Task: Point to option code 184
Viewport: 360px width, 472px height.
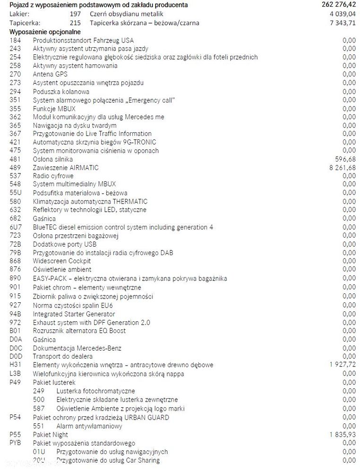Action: tap(15, 40)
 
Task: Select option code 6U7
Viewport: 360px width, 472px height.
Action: tap(15, 227)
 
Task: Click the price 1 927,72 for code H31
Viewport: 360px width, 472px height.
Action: tap(343, 365)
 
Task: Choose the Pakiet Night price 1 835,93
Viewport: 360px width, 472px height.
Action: tap(343, 435)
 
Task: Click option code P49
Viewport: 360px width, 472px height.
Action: tap(15, 382)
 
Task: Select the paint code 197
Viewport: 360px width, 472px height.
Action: tap(75, 14)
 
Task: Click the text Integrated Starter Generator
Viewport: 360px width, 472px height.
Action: tap(74, 314)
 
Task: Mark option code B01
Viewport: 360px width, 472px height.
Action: tap(15, 331)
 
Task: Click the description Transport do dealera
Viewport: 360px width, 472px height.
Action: tap(62, 356)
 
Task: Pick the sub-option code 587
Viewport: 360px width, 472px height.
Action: tap(39, 409)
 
